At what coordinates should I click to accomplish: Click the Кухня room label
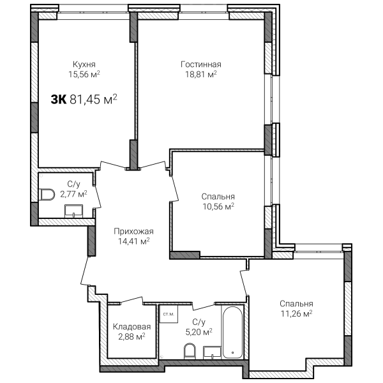point(84,64)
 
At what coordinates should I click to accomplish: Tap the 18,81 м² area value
point(201,74)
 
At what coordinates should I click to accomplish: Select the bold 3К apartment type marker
point(59,100)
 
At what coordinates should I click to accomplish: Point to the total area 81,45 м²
point(94,99)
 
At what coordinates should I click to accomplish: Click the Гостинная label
point(201,64)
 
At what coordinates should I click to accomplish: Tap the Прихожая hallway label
point(133,231)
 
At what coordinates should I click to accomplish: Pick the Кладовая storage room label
point(132,327)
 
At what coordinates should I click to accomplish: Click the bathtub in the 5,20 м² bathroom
point(233,332)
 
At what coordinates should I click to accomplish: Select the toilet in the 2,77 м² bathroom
point(47,195)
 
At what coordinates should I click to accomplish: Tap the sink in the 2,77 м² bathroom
point(74,211)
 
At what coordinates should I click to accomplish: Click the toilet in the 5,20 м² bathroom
point(190,351)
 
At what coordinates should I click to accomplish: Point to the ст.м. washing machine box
point(169,314)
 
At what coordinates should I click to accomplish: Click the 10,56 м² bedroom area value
point(218,206)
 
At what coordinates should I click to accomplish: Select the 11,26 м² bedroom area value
point(297,313)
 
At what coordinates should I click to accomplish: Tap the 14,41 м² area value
point(134,241)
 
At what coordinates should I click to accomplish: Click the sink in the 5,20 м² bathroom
point(213,353)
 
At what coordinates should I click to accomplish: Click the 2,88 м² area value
point(132,336)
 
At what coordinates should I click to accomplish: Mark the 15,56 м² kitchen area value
point(84,74)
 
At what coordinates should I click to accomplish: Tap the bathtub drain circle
point(233,352)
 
